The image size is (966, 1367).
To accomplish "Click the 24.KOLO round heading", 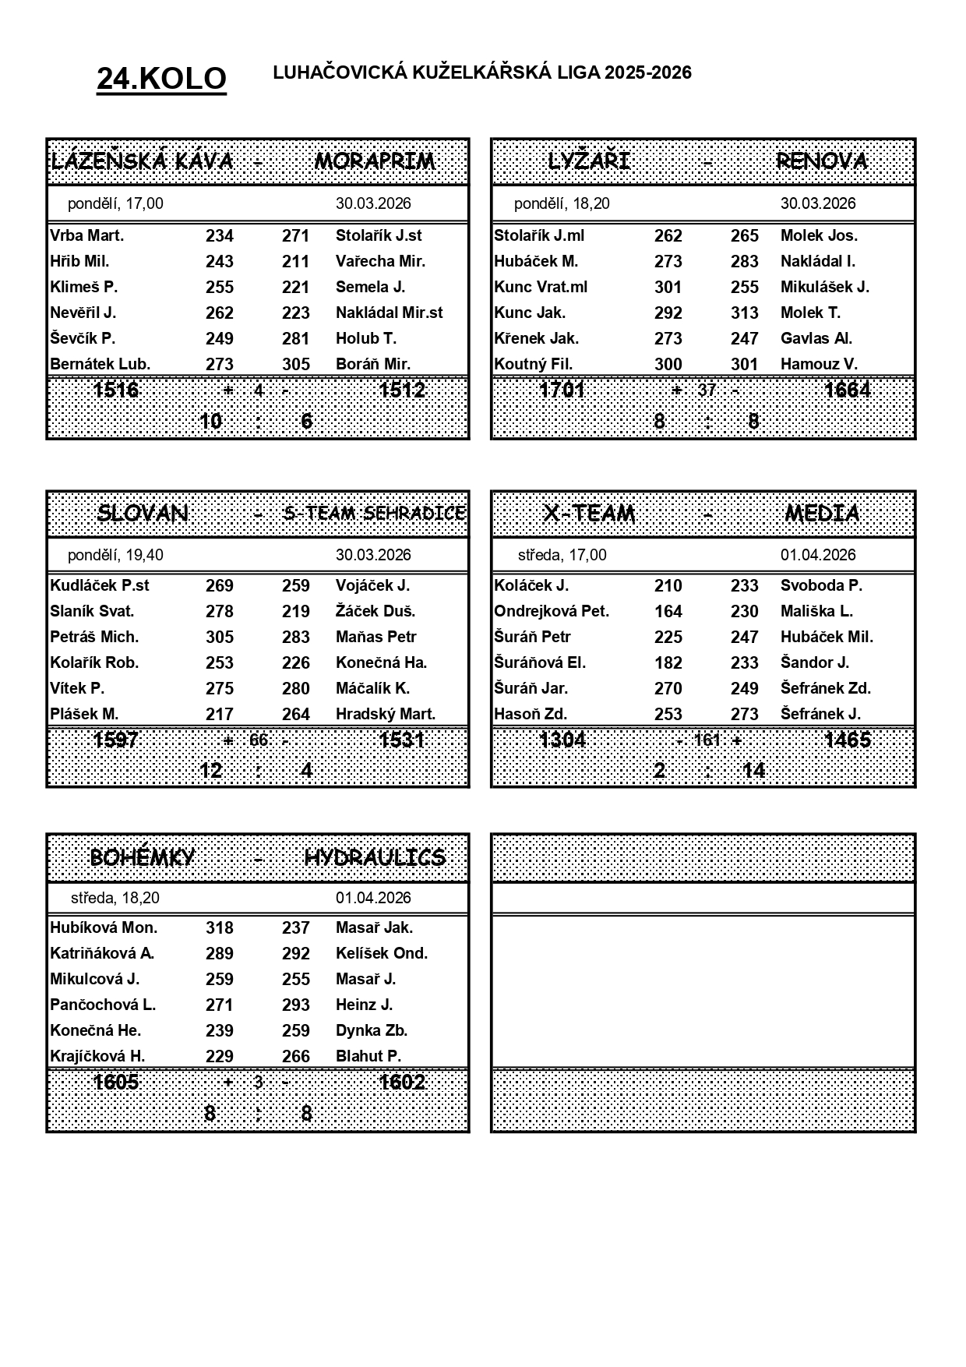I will point(161,79).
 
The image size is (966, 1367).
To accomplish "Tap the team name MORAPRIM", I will point(375,161).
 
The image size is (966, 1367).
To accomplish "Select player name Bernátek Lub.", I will point(100,364).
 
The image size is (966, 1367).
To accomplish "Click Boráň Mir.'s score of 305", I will point(296,364).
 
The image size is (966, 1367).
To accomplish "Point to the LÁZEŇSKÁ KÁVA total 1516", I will point(115,390).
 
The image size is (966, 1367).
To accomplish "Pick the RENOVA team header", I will point(822,161).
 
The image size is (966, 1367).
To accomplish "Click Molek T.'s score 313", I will point(745,313).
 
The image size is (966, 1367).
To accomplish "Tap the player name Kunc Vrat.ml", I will point(541,287).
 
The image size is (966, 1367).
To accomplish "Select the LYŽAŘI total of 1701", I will point(562,390).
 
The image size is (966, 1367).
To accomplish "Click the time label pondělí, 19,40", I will point(115,555).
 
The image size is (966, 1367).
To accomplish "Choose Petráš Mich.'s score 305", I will point(220,637).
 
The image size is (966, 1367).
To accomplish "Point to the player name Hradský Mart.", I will point(386,714).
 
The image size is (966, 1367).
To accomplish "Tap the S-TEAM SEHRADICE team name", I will point(375,513).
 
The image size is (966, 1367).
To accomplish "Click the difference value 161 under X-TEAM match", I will point(707,740).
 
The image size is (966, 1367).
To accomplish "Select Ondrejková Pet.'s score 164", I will point(668,611).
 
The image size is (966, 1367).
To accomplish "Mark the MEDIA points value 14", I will point(753,771).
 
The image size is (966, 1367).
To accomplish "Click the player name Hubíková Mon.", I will point(104,927).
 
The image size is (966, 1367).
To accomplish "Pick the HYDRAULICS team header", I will point(375,857).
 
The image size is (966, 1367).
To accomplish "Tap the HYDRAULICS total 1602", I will point(402,1082).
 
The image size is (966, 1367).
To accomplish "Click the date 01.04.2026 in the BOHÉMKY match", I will point(373,898).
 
